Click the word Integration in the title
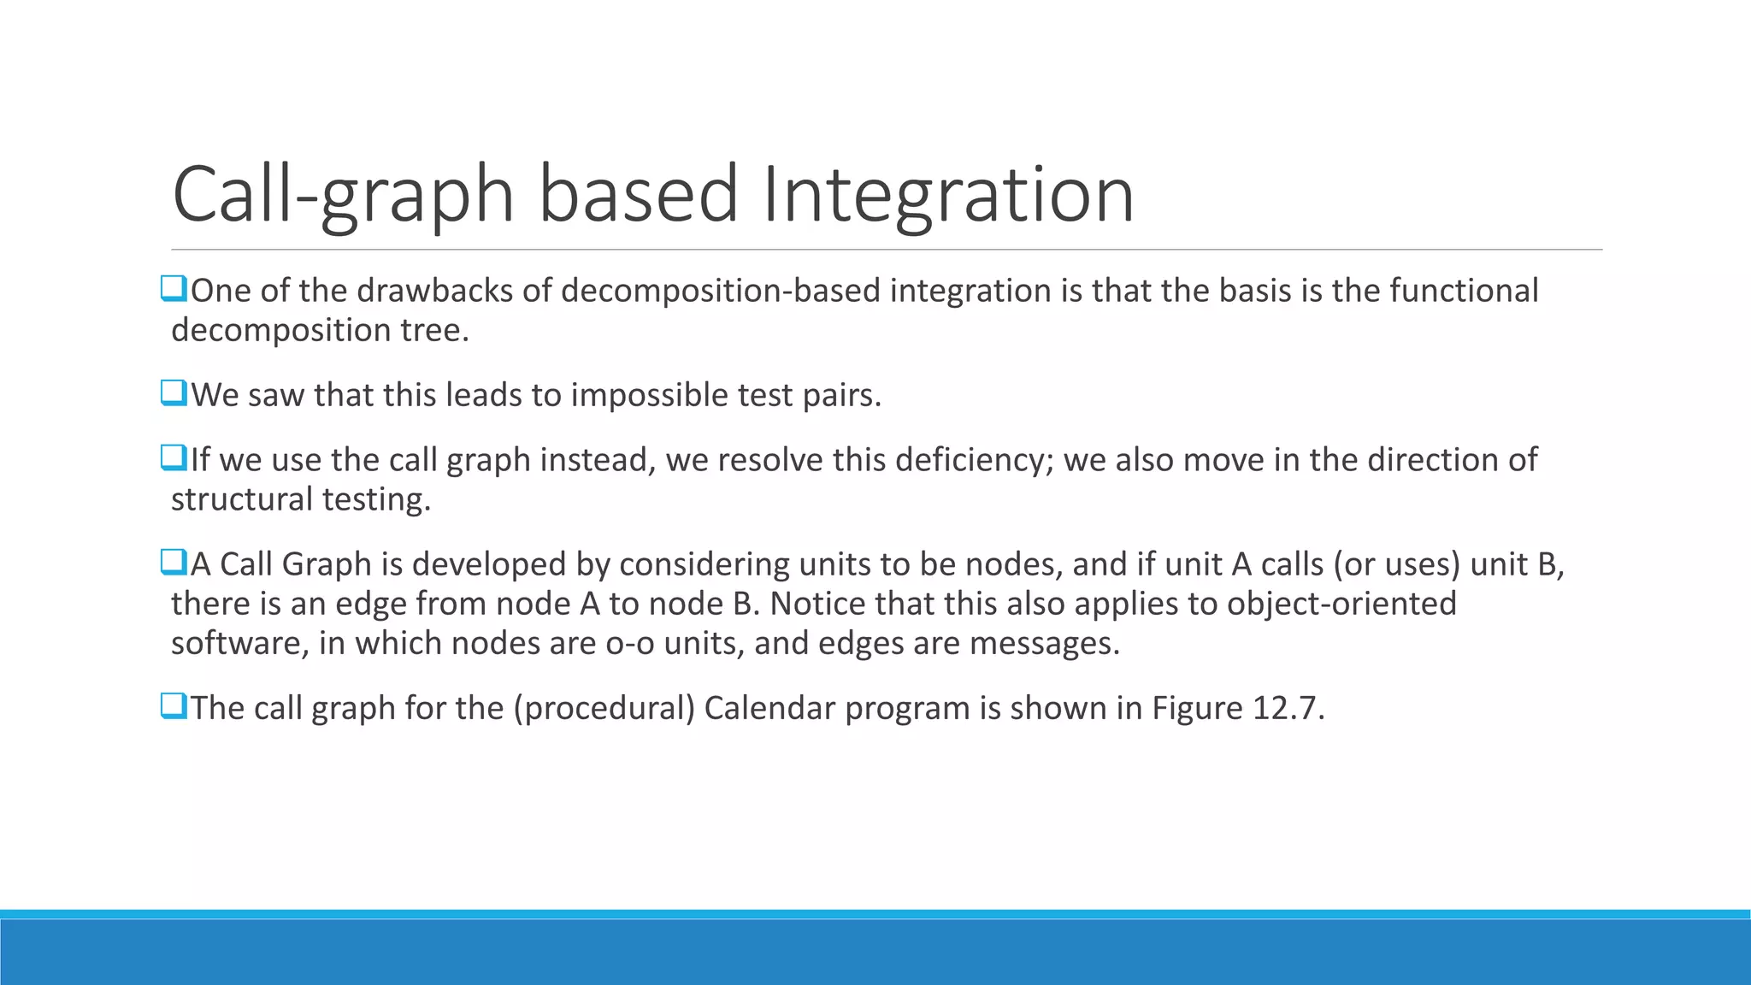coord(947,195)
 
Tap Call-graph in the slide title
coord(343,195)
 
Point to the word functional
coord(1464,291)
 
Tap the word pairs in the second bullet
coord(840,395)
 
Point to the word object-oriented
coord(1341,604)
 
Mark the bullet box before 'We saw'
coord(173,393)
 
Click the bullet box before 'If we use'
coord(173,458)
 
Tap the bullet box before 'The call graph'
coord(173,706)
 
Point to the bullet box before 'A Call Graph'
coord(173,563)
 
